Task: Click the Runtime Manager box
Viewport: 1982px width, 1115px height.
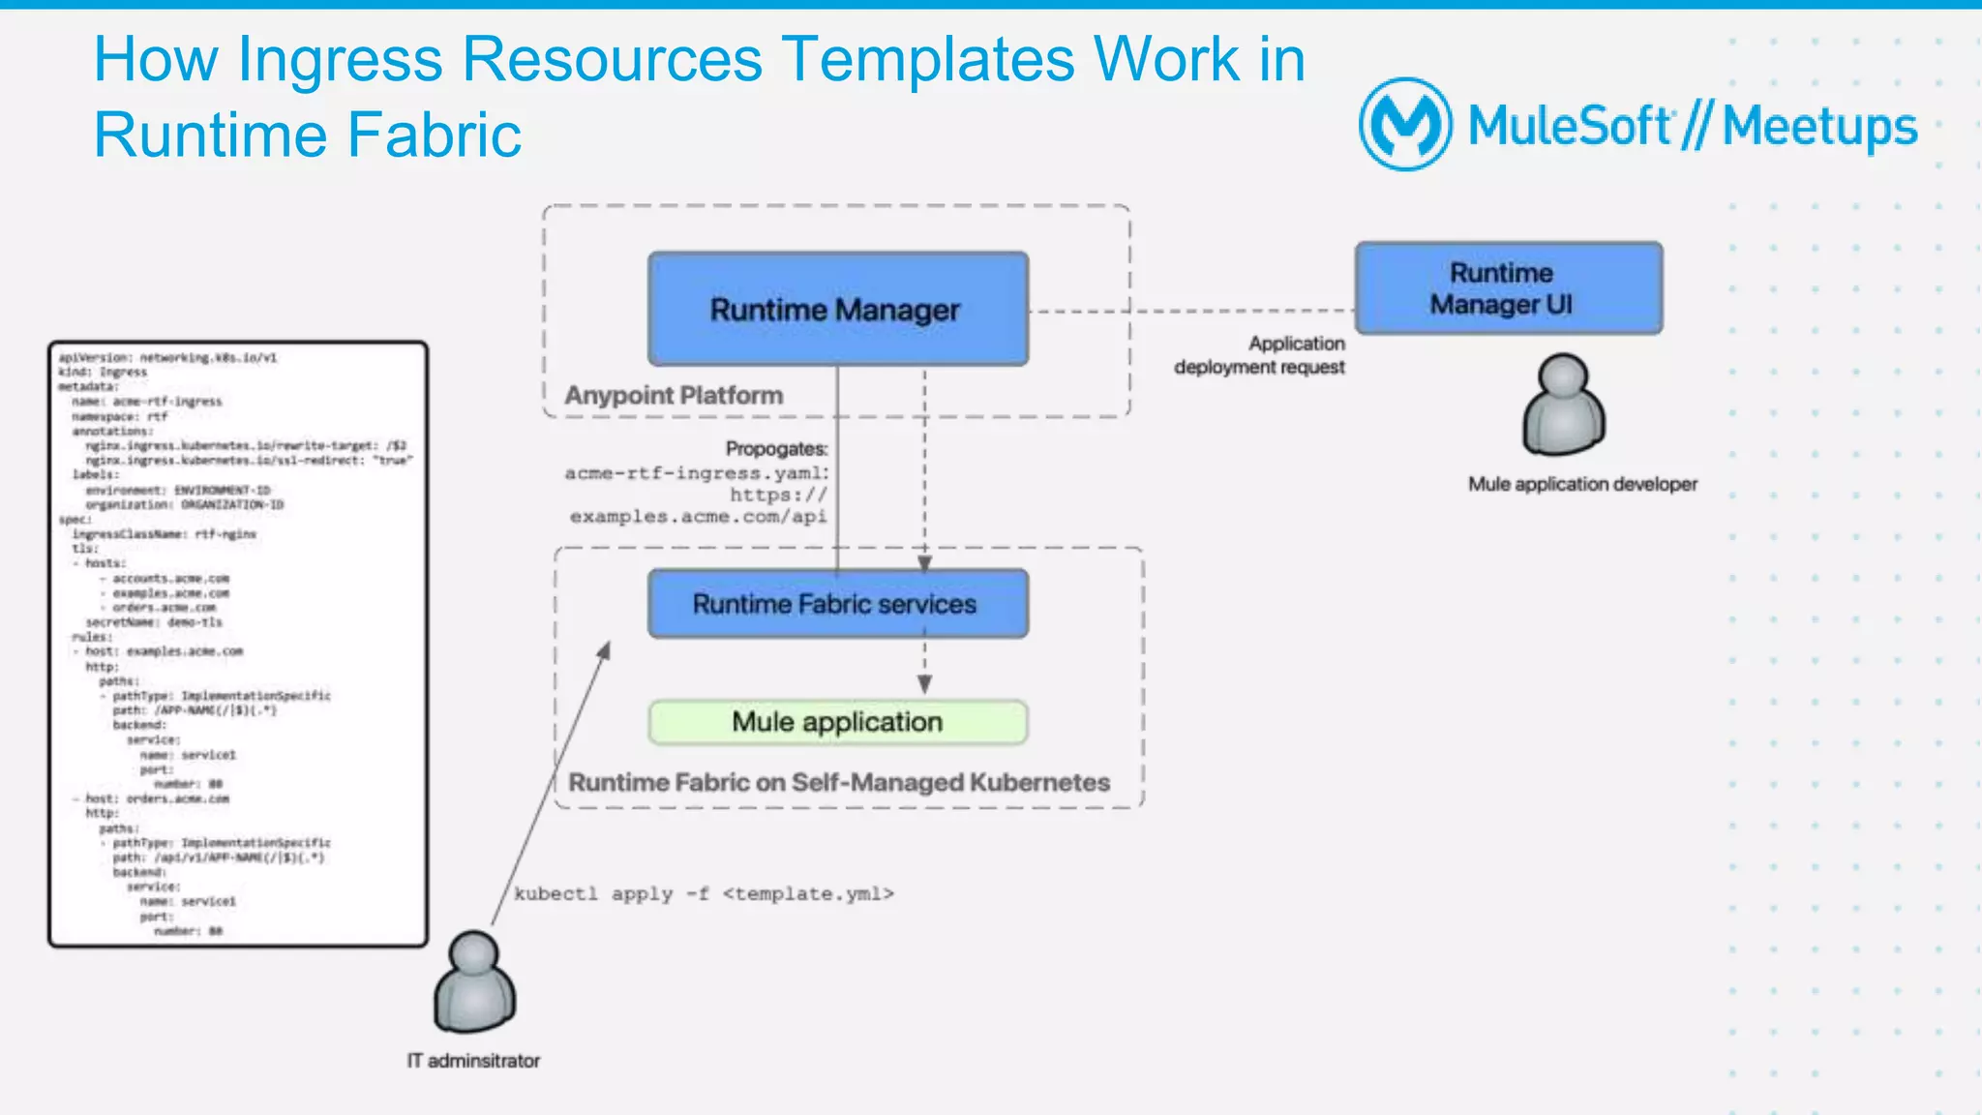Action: (x=837, y=310)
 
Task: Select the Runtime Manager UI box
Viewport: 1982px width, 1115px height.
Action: (x=1508, y=288)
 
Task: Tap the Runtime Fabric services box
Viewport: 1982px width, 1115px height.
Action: (x=837, y=604)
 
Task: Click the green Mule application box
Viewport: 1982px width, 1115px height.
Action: (x=837, y=722)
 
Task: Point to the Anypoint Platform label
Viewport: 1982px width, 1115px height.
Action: (x=674, y=395)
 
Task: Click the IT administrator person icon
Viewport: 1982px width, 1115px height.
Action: (x=474, y=982)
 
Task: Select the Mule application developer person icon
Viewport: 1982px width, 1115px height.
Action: (x=1563, y=405)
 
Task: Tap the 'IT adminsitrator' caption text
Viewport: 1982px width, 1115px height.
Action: (x=473, y=1061)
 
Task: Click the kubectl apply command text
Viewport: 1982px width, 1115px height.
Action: (x=704, y=893)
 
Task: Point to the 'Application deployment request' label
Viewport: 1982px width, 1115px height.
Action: (x=1259, y=355)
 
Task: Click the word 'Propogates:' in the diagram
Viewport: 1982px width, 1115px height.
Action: (x=776, y=449)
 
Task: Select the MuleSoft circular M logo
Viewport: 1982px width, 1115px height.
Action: (x=1404, y=124)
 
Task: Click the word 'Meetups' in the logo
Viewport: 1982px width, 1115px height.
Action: (x=1819, y=127)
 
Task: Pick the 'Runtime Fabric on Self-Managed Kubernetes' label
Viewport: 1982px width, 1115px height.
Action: (x=838, y=782)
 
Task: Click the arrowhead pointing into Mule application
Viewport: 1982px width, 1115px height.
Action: (x=924, y=685)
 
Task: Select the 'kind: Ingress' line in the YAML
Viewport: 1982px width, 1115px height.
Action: (x=103, y=372)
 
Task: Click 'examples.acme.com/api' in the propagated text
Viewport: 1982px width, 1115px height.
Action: (x=698, y=517)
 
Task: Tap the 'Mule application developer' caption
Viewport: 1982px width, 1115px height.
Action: (x=1582, y=484)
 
